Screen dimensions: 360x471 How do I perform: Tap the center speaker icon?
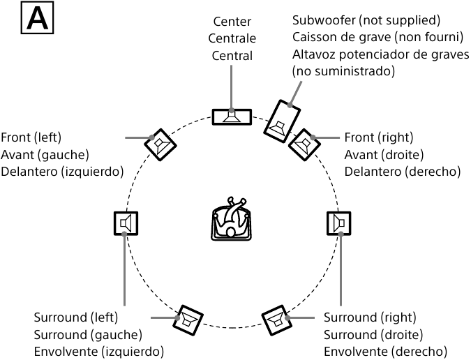tap(233, 116)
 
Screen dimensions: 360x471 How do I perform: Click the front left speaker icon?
tap(160, 144)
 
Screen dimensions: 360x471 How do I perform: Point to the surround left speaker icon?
tap(126, 223)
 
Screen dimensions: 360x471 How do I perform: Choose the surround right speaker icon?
tap(339, 223)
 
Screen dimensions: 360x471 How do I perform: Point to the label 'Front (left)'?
tap(31, 137)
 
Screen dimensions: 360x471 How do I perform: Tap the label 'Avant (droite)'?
tap(384, 154)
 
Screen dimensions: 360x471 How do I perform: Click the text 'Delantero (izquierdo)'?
tap(62, 171)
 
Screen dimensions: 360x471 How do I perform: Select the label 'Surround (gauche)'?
tap(88, 334)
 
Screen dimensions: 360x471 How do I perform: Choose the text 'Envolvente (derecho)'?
tap(384, 351)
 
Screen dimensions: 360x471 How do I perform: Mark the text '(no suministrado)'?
tap(343, 71)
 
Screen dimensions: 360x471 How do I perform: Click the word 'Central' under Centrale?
tap(232, 56)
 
